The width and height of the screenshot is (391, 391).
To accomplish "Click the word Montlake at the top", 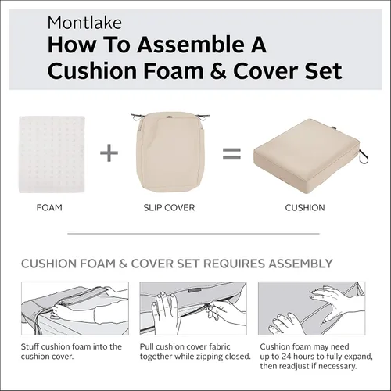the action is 84,23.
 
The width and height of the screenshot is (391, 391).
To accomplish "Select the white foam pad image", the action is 52,154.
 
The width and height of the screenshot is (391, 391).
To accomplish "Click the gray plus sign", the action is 109,152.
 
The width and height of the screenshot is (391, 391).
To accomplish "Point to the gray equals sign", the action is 231,153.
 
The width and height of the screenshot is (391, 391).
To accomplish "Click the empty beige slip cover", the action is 170,152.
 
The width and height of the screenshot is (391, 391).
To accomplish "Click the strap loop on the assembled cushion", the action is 364,156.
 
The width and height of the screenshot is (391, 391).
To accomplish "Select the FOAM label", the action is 49,208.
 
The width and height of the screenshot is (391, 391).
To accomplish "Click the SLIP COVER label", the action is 169,208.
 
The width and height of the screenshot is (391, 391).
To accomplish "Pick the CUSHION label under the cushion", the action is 305,208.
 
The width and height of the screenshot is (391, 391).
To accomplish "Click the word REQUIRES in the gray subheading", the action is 234,264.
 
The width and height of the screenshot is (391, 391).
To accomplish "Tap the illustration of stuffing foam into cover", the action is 75,308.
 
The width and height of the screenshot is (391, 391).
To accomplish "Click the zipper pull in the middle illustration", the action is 209,311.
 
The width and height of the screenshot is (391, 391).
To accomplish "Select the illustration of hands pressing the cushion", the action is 311,308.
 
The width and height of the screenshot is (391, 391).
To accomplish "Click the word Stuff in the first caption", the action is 30,346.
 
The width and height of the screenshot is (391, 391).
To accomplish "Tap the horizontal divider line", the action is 193,234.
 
